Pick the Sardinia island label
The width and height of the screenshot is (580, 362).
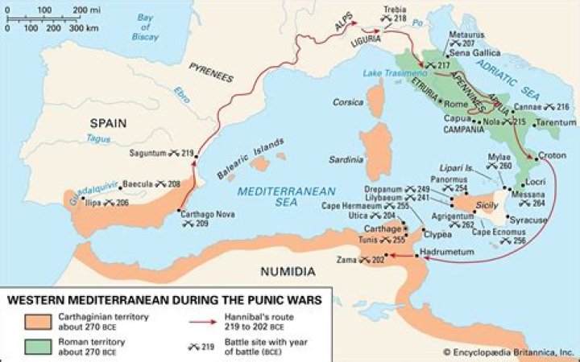[348, 159]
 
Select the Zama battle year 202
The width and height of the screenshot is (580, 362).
[378, 259]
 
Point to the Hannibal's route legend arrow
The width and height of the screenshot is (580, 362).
[229, 320]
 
